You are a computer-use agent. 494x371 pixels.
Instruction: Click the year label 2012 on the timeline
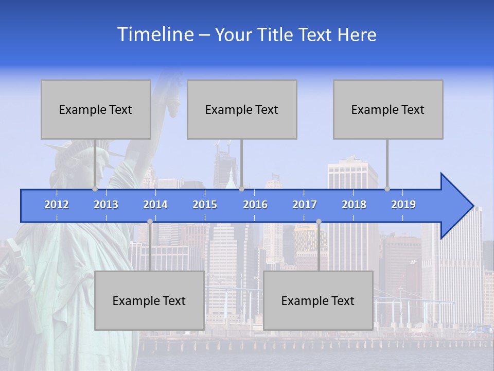click(x=57, y=205)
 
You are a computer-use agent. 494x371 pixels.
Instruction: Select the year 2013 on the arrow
click(x=106, y=205)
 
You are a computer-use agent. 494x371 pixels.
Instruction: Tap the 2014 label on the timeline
click(x=155, y=205)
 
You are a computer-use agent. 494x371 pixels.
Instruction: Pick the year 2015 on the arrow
click(x=205, y=205)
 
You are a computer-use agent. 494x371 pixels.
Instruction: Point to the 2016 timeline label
click(x=255, y=205)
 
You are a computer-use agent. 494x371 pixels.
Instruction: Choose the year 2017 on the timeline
click(x=305, y=205)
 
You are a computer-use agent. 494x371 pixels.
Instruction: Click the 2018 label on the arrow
click(x=354, y=205)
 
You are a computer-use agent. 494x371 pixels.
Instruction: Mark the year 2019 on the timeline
click(x=403, y=205)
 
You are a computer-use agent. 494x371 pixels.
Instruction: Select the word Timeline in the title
click(x=155, y=35)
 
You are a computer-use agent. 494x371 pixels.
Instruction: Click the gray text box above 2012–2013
click(x=96, y=109)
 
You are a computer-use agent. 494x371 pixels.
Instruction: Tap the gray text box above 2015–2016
click(x=242, y=109)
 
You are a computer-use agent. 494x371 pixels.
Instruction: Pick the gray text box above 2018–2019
click(x=388, y=109)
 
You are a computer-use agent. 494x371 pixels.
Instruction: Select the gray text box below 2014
click(x=149, y=300)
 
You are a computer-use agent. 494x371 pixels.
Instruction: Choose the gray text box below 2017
click(x=318, y=300)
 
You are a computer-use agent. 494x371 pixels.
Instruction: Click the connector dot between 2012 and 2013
click(x=95, y=189)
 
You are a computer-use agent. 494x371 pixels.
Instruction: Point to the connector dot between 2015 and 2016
click(x=241, y=189)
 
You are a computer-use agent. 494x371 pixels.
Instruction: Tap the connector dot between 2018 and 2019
click(x=387, y=189)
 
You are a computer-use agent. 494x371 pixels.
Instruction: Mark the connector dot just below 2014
click(x=150, y=222)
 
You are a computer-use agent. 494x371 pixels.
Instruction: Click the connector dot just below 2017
click(x=319, y=222)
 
